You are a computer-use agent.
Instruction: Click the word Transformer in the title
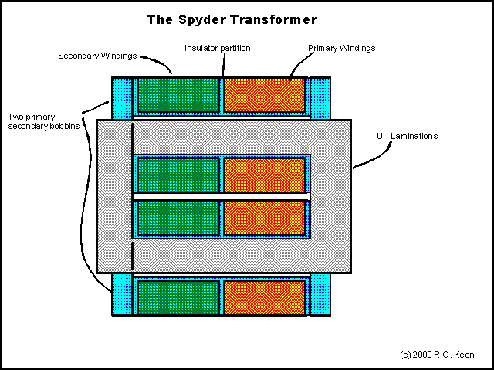(x=274, y=19)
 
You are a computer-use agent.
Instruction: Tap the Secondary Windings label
(x=97, y=56)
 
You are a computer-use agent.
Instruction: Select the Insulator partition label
(x=218, y=48)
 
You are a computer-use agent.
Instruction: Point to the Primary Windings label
(x=341, y=48)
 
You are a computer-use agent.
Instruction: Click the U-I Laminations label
(x=407, y=136)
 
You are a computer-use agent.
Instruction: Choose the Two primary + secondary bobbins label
(x=44, y=121)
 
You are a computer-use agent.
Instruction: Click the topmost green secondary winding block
(x=178, y=95)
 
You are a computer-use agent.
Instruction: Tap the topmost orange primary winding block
(x=264, y=95)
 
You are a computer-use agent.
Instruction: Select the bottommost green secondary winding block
(x=178, y=298)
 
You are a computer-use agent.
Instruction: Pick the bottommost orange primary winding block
(x=264, y=298)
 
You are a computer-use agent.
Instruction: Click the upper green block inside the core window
(x=178, y=175)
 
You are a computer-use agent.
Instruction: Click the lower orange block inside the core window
(x=264, y=218)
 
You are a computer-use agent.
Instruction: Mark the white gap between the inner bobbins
(x=222, y=197)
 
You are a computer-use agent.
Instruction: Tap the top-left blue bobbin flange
(x=122, y=98)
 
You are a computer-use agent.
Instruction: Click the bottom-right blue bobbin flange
(x=320, y=294)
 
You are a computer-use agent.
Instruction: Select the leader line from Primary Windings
(x=299, y=63)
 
